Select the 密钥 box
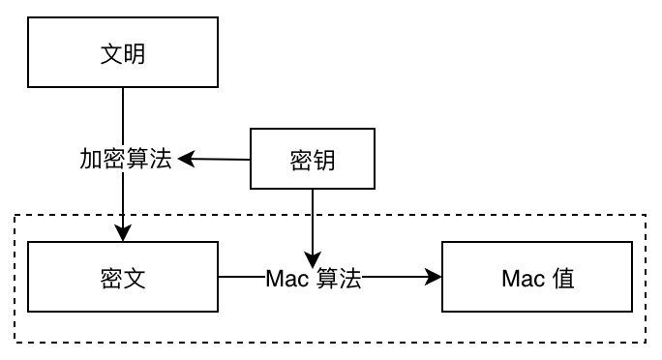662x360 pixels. (313, 159)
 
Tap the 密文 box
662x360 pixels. (123, 279)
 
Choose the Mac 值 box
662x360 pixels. (538, 279)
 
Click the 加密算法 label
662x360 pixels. (125, 159)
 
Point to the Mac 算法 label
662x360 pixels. (313, 279)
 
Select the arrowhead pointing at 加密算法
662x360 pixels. (183, 158)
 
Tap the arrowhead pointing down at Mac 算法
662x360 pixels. (313, 258)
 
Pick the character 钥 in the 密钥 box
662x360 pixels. (324, 159)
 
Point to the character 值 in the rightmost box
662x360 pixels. (563, 279)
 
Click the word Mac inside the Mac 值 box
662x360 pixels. (523, 279)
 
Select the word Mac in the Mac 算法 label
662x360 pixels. (286, 279)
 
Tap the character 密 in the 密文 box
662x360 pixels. (111, 279)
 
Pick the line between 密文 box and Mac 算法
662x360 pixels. (241, 279)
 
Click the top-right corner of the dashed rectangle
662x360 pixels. (645, 215)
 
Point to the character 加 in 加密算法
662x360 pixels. (90, 159)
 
